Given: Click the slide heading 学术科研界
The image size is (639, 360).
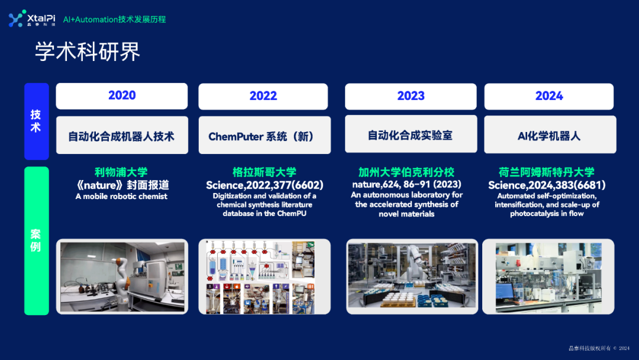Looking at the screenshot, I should pyautogui.click(x=88, y=52).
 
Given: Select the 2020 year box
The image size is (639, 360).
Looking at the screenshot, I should pyautogui.click(x=122, y=96).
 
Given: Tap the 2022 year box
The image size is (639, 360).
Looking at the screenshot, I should pyautogui.click(x=263, y=97).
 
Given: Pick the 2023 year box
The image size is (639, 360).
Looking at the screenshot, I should pyautogui.click(x=411, y=97).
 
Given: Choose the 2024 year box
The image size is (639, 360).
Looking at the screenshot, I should pyautogui.click(x=549, y=97).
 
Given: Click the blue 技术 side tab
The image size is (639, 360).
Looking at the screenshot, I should pyautogui.click(x=35, y=121).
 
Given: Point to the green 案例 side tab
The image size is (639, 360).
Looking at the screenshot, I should pyautogui.click(x=35, y=240).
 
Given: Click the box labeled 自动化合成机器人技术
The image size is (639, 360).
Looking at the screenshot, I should pyautogui.click(x=122, y=136).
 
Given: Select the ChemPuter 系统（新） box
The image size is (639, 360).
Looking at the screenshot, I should pyautogui.click(x=263, y=136).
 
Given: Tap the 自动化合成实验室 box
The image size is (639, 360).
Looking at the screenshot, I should pyautogui.click(x=411, y=136).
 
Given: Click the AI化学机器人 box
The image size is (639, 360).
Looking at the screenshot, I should pyautogui.click(x=550, y=136).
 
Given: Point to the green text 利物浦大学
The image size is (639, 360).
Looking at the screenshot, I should pyautogui.click(x=121, y=172).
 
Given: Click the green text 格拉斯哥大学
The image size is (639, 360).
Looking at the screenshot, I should pyautogui.click(x=264, y=172).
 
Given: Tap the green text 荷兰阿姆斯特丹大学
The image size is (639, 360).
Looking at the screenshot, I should pyautogui.click(x=547, y=172).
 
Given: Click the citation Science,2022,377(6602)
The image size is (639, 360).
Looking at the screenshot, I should pyautogui.click(x=264, y=185).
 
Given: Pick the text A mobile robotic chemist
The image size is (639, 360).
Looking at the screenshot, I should pyautogui.click(x=121, y=197).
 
